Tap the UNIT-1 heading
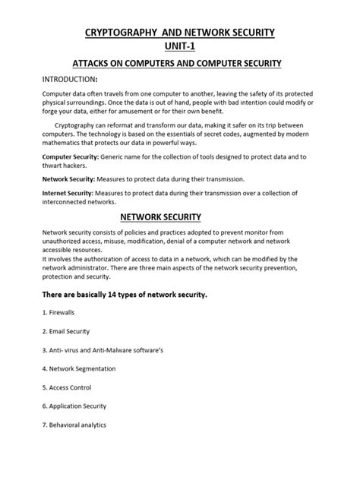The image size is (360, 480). tap(180, 47)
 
